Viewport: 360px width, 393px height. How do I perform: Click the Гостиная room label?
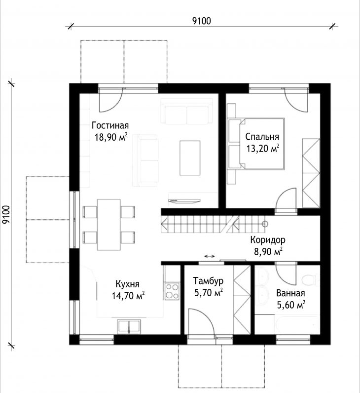pyautogui.click(x=110, y=125)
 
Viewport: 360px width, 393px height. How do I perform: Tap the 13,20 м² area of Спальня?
pyautogui.click(x=263, y=149)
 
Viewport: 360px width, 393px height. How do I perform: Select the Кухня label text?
pyautogui.click(x=127, y=284)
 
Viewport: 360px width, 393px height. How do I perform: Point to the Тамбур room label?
pyautogui.click(x=208, y=281)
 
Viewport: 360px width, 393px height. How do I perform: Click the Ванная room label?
pyautogui.click(x=290, y=293)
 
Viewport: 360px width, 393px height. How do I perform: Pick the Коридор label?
pyautogui.click(x=268, y=240)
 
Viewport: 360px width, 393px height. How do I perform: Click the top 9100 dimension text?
pyautogui.click(x=202, y=21)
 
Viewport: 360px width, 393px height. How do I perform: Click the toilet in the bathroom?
pyautogui.click(x=310, y=280)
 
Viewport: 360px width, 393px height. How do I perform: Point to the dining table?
pyautogui.click(x=109, y=225)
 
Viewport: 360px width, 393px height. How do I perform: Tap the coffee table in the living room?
pyautogui.click(x=190, y=158)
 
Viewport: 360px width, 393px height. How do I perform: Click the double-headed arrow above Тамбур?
pyautogui.click(x=210, y=256)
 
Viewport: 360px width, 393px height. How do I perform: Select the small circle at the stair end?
pyautogui.click(x=265, y=224)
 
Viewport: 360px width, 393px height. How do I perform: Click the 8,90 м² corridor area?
pyautogui.click(x=268, y=251)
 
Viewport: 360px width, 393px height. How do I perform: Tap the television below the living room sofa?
pyautogui.click(x=184, y=201)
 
